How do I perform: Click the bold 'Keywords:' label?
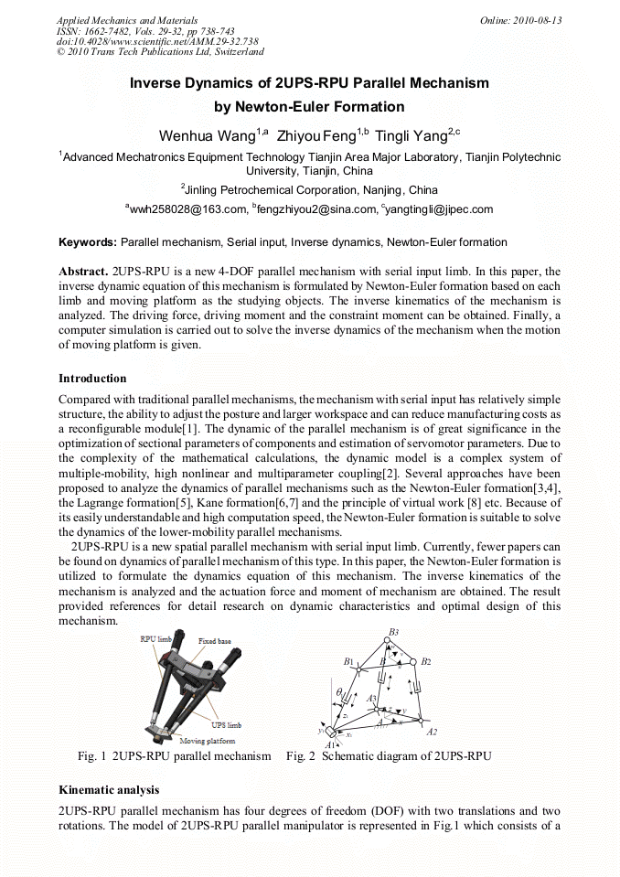point(88,242)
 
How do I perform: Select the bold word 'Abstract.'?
point(83,273)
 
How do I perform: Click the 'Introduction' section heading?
point(92,379)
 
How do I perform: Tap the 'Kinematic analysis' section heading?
point(109,788)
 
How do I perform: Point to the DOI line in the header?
point(157,41)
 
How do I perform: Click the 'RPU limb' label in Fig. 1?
point(155,639)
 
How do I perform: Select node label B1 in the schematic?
point(348,661)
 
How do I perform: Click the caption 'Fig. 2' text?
point(301,756)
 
